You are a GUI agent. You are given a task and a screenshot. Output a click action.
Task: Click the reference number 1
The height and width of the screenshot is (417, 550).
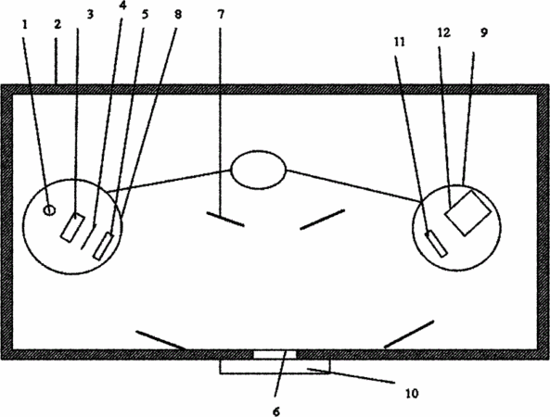click(x=24, y=24)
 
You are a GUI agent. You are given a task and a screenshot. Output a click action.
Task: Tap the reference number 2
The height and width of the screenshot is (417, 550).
click(x=58, y=24)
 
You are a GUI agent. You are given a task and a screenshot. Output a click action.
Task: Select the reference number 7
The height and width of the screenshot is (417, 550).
click(x=221, y=15)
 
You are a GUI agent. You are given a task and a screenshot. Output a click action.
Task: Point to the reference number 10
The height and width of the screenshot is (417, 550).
click(x=412, y=394)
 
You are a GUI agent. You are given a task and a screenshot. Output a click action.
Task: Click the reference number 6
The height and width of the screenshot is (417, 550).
click(x=276, y=411)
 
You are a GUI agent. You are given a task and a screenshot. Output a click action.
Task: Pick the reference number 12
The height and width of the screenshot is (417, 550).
click(x=443, y=32)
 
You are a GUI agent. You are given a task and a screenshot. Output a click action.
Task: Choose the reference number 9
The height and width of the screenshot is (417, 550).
click(x=484, y=32)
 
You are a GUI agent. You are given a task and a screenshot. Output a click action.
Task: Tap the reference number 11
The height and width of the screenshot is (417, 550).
click(x=400, y=42)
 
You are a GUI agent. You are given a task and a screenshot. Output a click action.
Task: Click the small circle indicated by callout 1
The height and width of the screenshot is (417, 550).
click(x=49, y=210)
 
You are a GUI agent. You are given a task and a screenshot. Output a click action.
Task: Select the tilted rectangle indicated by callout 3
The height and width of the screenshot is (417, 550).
click(x=72, y=227)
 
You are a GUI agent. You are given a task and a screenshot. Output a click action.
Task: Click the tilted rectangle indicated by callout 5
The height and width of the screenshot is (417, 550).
click(x=104, y=246)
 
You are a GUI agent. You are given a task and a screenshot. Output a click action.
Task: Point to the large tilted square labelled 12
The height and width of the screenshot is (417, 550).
click(x=467, y=213)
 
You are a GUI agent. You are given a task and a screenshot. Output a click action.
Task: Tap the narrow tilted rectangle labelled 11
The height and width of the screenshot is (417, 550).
click(x=436, y=244)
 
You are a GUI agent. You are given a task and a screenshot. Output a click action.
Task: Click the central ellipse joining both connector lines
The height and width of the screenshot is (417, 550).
click(x=258, y=170)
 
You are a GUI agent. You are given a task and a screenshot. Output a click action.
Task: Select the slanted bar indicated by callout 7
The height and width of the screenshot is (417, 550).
click(x=225, y=219)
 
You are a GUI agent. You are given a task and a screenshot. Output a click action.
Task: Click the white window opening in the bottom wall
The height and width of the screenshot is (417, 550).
click(x=275, y=354)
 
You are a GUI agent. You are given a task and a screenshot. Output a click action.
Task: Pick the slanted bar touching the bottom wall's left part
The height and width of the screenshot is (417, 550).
click(x=161, y=341)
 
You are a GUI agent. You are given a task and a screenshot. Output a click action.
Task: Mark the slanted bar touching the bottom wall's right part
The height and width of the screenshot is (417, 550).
click(x=409, y=335)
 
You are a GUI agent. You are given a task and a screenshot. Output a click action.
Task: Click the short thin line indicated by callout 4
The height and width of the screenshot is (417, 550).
click(x=88, y=237)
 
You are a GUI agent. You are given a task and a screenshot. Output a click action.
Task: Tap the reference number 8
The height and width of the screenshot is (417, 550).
click(x=178, y=15)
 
